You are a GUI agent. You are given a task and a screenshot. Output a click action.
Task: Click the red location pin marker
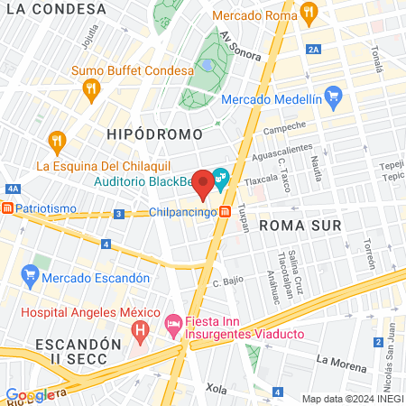pos(204,183)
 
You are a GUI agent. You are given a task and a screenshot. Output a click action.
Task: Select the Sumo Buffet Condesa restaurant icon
pos(89,88)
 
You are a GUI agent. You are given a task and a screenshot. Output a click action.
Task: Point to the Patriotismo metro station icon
pos(7,208)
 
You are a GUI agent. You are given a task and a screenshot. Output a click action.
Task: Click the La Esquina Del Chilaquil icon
pos(57,141)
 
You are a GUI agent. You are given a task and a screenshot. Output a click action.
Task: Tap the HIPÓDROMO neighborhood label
pos(145,133)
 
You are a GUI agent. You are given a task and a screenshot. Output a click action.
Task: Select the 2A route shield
pos(313,50)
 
